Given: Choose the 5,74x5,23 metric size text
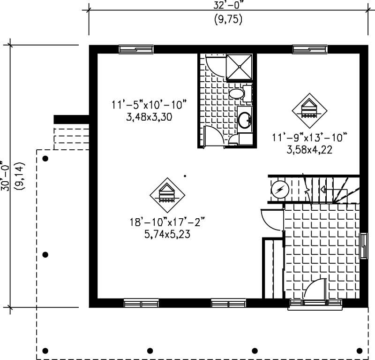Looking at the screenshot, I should (x=167, y=233).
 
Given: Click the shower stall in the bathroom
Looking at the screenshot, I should (x=240, y=67).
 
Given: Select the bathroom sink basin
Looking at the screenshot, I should (x=245, y=120).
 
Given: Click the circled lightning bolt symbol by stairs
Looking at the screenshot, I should (x=280, y=190).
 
